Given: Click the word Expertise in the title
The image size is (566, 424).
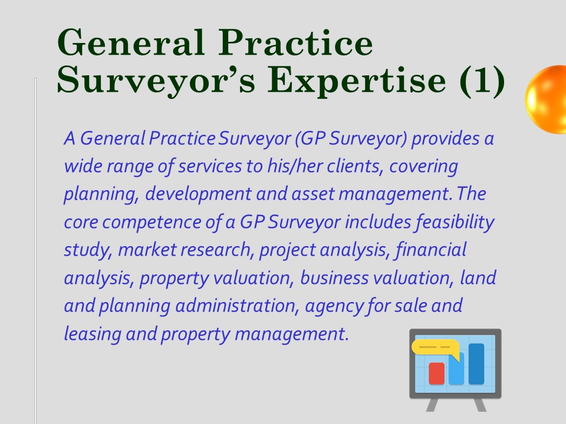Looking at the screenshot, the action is [x=357, y=81].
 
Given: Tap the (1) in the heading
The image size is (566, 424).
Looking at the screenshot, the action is [x=483, y=81].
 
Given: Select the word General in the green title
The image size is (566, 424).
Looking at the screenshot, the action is [x=131, y=42].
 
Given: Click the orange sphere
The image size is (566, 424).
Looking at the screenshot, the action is [x=545, y=99].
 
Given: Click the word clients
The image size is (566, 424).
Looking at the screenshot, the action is [x=355, y=166].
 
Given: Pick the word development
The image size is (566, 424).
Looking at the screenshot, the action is [x=198, y=194].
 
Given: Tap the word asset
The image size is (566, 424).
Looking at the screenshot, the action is [x=313, y=194].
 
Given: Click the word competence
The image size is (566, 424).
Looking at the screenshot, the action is [x=152, y=222].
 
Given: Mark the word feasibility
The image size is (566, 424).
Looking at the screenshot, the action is [x=455, y=222].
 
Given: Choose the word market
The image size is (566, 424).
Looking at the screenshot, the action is [x=147, y=250].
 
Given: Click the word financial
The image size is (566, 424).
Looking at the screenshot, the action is [x=430, y=250].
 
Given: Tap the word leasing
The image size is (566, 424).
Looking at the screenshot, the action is [x=93, y=334].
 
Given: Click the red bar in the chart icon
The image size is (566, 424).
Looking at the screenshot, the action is [x=436, y=373].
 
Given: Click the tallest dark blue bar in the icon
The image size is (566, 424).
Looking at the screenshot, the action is [x=476, y=364].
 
